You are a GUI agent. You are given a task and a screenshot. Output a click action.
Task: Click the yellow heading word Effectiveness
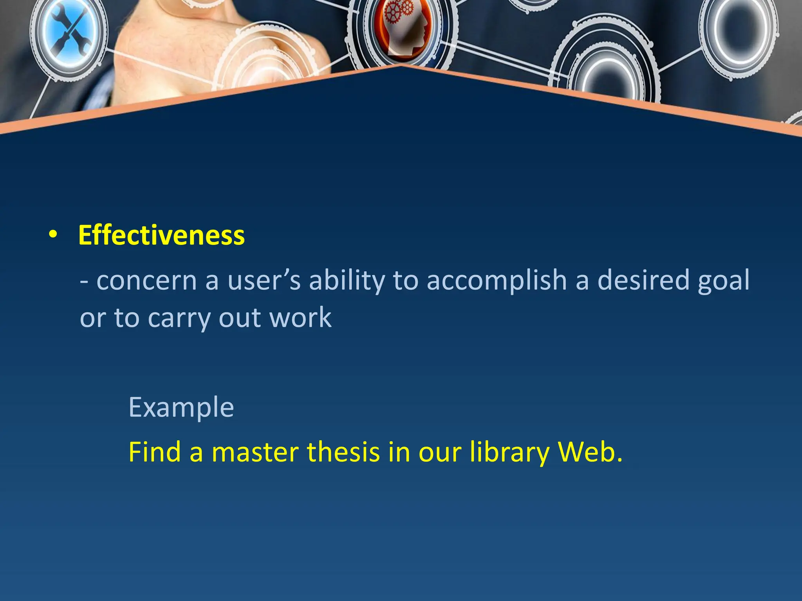161,236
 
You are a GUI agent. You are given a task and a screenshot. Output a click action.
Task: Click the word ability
347,281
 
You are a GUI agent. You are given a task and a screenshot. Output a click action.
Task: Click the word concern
146,281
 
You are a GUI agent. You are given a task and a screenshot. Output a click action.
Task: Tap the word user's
264,281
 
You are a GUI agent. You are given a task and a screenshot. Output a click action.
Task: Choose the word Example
181,408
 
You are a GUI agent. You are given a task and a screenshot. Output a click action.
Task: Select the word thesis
343,452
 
